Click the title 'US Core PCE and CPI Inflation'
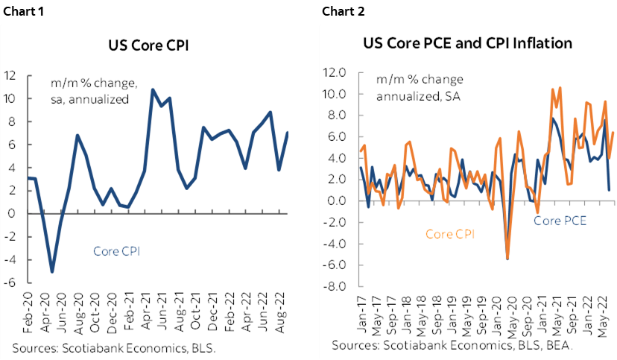(x=467, y=42)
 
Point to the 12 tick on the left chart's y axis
(x=10, y=75)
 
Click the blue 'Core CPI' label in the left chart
(x=117, y=251)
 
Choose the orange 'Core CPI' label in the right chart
(x=450, y=233)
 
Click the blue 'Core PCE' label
(x=560, y=221)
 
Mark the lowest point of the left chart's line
(x=52, y=271)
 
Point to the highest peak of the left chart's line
(x=153, y=89)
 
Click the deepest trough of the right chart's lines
(x=507, y=259)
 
